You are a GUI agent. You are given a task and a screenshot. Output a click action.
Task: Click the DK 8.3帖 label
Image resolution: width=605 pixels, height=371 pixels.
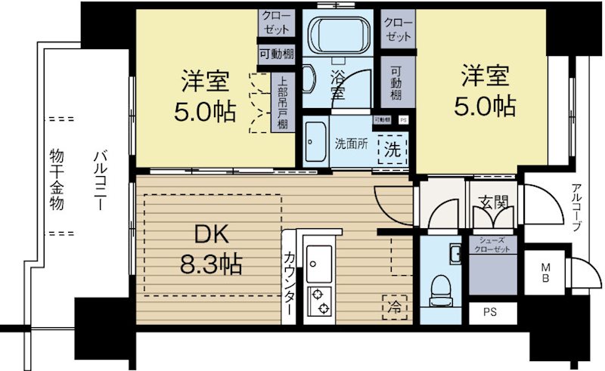click(x=209, y=250)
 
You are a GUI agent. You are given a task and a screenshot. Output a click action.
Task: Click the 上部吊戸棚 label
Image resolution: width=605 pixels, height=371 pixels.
click(x=282, y=104)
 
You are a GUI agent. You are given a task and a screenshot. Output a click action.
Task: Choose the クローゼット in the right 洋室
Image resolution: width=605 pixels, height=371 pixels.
click(x=397, y=28)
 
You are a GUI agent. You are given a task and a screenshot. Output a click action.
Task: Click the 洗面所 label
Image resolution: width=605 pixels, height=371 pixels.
click(x=351, y=144)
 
